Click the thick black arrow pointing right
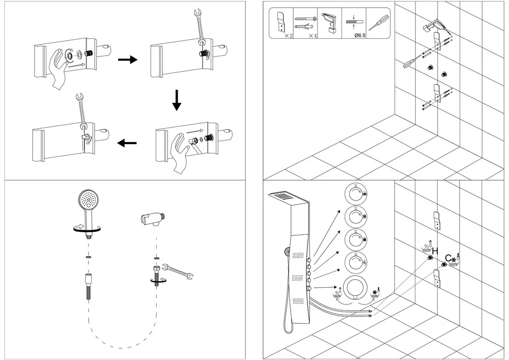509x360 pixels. click(128, 60)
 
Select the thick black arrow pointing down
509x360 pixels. click(176, 100)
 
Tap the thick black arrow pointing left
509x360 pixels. click(127, 144)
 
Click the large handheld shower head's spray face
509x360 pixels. click(88, 199)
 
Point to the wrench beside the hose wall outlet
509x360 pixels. click(179, 272)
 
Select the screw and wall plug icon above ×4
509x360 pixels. click(305, 21)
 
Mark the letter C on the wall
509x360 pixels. click(448, 258)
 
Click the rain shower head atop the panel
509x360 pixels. click(284, 196)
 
